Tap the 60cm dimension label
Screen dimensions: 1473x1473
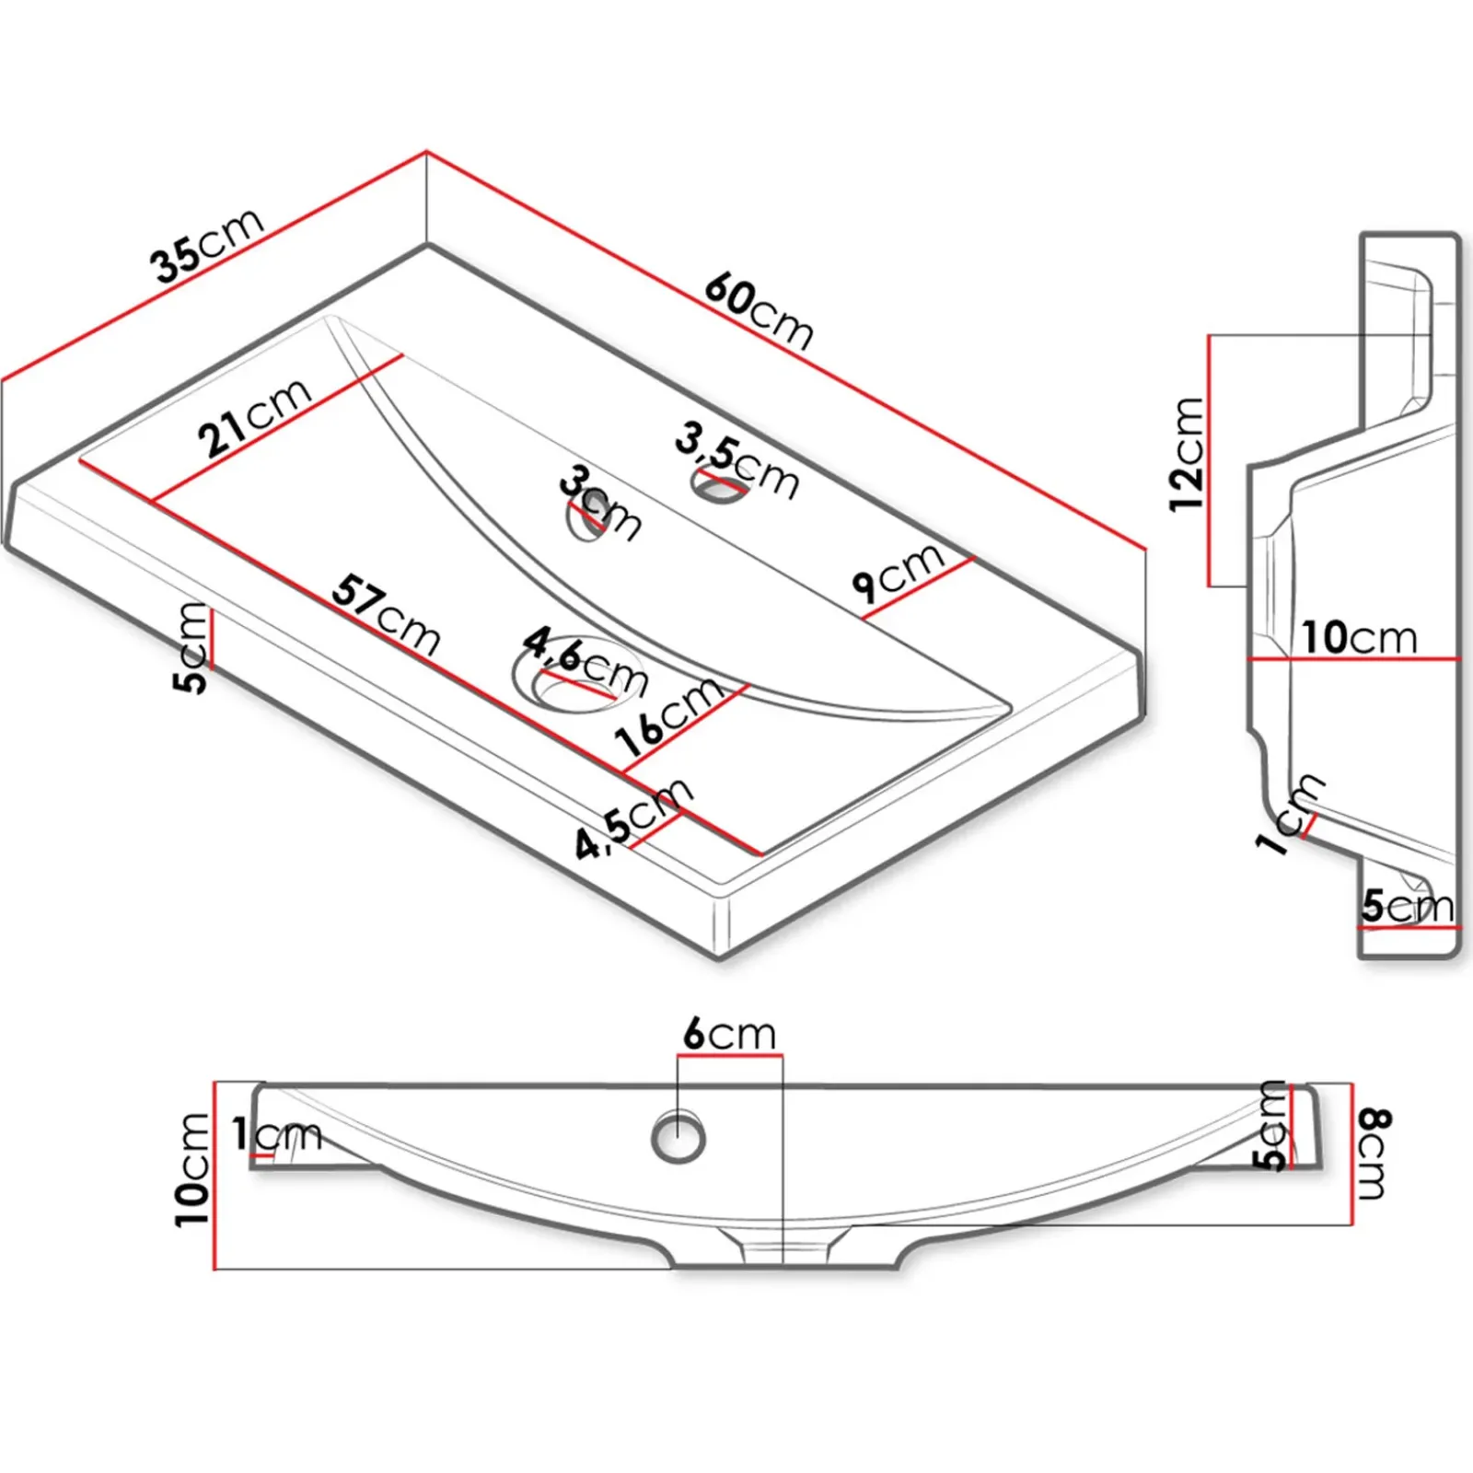tap(760, 311)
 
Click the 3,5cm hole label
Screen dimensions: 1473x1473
tap(736, 458)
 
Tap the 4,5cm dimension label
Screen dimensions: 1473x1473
tap(633, 818)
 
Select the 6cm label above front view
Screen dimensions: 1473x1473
tap(729, 1035)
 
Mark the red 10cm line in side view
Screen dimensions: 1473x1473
tap(1353, 659)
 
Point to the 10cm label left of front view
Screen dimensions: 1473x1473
tap(193, 1169)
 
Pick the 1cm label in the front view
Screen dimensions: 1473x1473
tap(276, 1134)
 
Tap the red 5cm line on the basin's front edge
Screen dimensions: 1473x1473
tap(211, 637)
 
